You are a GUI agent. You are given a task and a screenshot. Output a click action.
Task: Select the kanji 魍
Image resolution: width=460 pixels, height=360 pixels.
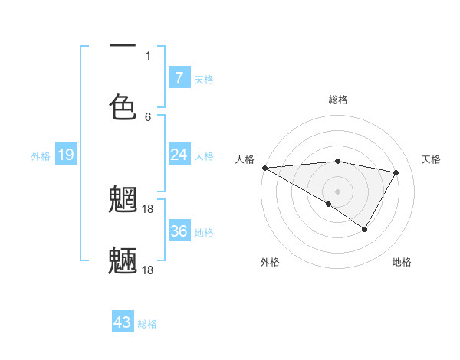click(123, 200)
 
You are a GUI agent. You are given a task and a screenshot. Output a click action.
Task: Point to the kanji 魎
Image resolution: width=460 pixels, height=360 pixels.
click(123, 261)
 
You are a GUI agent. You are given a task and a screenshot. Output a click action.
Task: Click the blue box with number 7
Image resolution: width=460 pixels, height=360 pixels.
click(179, 77)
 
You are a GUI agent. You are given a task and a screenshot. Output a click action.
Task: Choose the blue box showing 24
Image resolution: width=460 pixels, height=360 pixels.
click(179, 155)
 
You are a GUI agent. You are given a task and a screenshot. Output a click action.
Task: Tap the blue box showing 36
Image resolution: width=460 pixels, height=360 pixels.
click(179, 231)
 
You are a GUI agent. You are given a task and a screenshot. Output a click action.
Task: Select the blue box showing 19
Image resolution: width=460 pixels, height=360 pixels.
click(65, 155)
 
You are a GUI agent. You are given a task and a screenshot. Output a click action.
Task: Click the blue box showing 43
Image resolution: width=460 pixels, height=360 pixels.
click(123, 322)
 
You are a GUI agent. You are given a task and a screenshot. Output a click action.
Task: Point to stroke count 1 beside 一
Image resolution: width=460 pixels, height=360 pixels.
click(148, 55)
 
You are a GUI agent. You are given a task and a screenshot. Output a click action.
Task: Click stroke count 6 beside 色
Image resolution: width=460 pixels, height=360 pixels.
click(148, 116)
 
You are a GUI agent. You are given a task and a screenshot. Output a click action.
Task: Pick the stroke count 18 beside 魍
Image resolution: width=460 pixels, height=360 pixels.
click(149, 208)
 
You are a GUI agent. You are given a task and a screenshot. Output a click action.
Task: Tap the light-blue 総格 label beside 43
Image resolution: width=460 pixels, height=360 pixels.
click(147, 324)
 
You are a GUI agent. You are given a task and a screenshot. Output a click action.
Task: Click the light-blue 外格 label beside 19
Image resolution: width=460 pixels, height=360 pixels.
click(41, 156)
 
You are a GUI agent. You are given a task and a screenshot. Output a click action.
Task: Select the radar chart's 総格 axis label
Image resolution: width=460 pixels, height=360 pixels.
click(337, 100)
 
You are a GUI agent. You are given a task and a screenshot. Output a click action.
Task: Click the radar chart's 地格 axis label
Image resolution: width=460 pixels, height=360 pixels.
click(402, 262)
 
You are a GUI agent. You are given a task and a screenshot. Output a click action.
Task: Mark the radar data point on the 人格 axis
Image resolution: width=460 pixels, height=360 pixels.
click(264, 168)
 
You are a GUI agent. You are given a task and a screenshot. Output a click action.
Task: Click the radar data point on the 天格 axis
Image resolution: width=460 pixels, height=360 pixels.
click(396, 172)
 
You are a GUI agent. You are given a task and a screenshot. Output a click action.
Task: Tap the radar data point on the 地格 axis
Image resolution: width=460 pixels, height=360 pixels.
click(365, 229)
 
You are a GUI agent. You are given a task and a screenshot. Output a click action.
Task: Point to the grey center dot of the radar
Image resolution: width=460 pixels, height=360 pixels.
click(337, 191)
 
